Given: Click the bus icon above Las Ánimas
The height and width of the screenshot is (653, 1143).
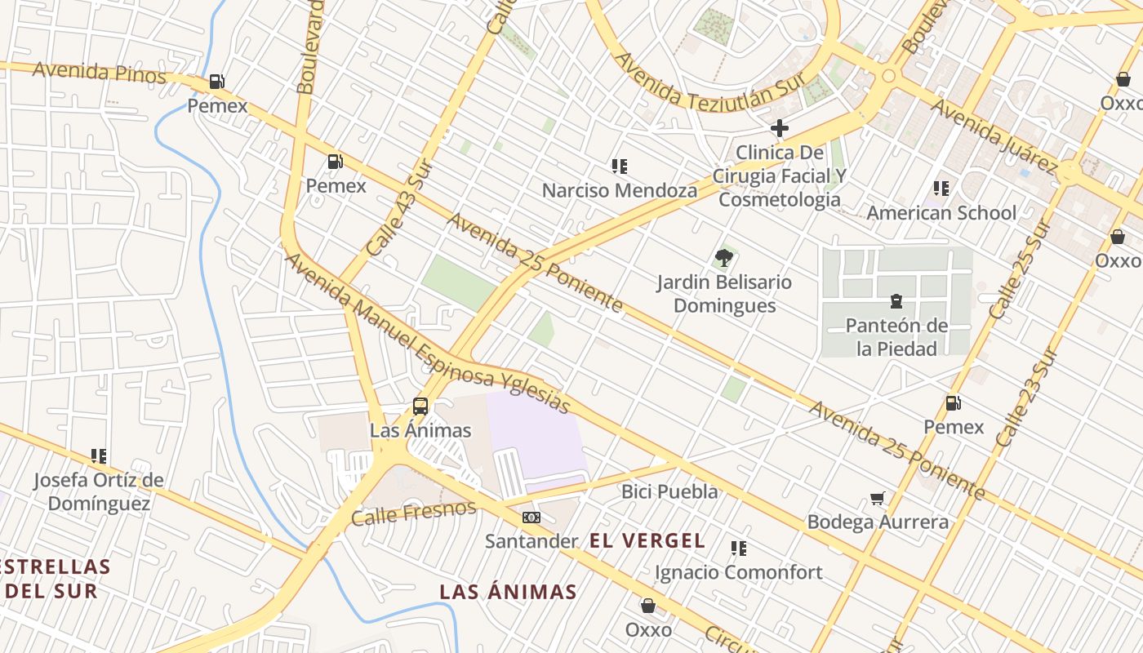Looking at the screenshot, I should pos(420,406).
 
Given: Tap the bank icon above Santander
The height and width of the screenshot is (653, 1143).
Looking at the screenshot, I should pos(531,518).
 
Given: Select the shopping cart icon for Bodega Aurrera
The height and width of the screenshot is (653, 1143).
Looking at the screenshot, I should pos(878,498).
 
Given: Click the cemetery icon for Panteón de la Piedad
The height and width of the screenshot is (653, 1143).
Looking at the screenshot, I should pos(896,301).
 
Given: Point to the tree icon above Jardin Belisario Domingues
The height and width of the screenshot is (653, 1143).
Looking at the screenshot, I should pos(723,259).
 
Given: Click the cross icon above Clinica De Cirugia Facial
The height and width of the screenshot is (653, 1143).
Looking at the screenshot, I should pos(780,128).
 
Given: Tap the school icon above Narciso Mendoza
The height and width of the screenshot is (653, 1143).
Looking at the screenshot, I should pos(620,167).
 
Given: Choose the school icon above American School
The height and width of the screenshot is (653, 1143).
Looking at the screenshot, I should pos(941,189).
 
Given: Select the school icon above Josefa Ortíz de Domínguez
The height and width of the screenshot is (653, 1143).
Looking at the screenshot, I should pos(99,456).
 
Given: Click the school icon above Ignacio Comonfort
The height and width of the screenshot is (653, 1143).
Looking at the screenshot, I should pos(739,549).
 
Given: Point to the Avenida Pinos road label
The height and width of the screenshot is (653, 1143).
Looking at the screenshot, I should pos(99,73).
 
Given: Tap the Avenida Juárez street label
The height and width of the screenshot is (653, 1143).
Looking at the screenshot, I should pos(994,136).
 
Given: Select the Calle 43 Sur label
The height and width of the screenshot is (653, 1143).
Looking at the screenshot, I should pos(398,208).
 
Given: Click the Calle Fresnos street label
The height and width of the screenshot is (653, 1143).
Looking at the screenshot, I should pos(414,513).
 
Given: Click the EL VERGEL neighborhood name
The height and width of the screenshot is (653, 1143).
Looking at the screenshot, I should pos(647,540).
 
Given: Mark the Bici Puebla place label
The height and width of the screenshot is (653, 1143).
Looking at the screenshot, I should pos(669,491).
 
